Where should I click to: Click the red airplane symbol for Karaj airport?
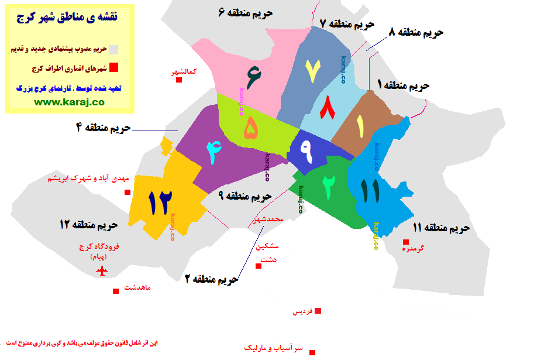tap(104, 270)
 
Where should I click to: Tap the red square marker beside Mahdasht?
tap(116, 290)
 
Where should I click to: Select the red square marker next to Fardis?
tap(318, 311)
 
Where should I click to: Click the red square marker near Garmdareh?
tap(405, 242)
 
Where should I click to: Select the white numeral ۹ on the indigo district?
tap(306, 150)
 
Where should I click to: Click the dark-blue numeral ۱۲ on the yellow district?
tap(159, 201)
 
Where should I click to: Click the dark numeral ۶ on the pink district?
tap(254, 77)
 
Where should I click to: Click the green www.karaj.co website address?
tap(69, 101)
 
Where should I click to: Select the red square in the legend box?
tap(115, 67)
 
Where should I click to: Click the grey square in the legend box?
tap(115, 49)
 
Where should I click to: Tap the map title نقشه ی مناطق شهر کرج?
tap(69, 19)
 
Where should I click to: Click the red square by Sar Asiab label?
tap(312, 352)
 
